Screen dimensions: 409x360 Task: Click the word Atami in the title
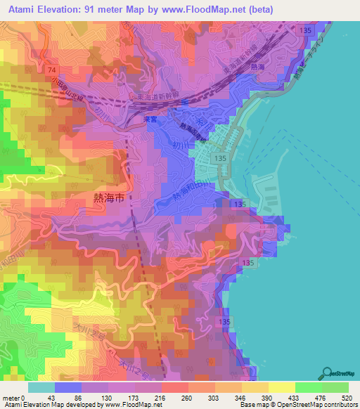(x=26, y=9)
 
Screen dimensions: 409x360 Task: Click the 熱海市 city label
(x=109, y=199)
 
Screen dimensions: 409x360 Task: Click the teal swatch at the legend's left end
(x=40, y=387)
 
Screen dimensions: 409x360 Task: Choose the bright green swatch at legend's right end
(x=335, y=387)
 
